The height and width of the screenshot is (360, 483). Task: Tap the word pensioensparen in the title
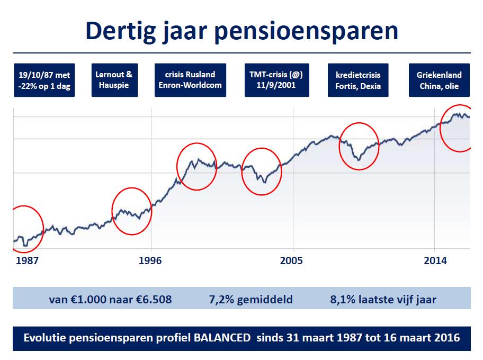point(306,32)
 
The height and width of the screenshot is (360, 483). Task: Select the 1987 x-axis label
point(27,260)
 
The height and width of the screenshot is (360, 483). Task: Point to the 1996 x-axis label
point(150,260)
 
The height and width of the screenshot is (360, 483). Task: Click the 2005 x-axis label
point(291,260)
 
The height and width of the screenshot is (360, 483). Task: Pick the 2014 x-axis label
point(435,260)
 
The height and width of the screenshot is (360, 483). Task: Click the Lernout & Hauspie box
point(114,80)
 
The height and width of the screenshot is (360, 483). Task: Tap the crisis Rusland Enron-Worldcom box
point(190,80)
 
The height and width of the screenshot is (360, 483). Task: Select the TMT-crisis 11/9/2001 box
point(277,80)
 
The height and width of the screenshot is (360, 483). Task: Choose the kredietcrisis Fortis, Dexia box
point(358,80)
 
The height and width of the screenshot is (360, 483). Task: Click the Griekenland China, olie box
point(439,80)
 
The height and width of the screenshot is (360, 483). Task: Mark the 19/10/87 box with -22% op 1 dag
point(44,80)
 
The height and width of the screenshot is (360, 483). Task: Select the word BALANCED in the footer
point(222,338)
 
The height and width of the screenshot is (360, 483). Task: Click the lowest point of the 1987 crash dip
point(25,246)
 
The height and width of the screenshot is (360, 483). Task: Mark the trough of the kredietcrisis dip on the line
point(359,160)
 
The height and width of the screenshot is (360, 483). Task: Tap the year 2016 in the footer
point(448,338)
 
